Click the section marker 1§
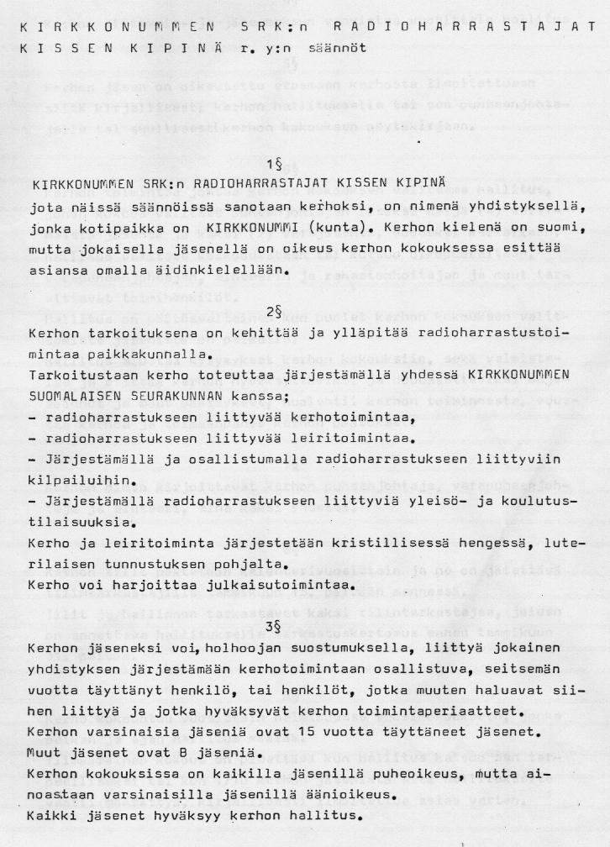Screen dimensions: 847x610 tap(271, 164)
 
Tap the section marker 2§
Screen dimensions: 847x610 tap(271, 312)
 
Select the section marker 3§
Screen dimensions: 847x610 tap(271, 627)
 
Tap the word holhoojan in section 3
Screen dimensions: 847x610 tap(267, 650)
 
